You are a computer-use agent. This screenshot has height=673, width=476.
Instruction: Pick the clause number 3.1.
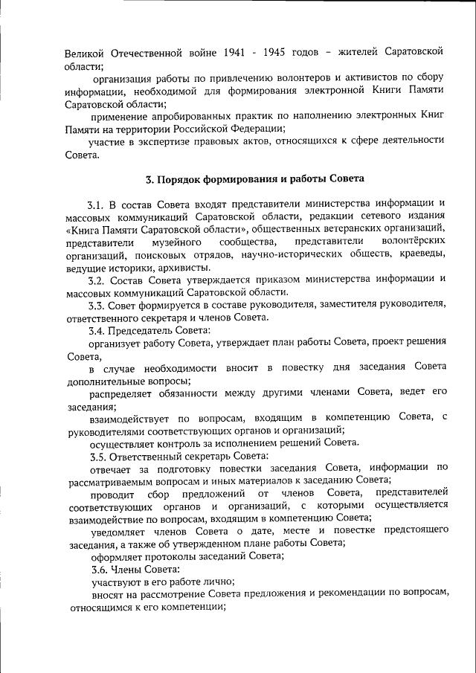point(97,204)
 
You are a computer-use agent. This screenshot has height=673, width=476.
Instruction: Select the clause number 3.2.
point(97,280)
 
